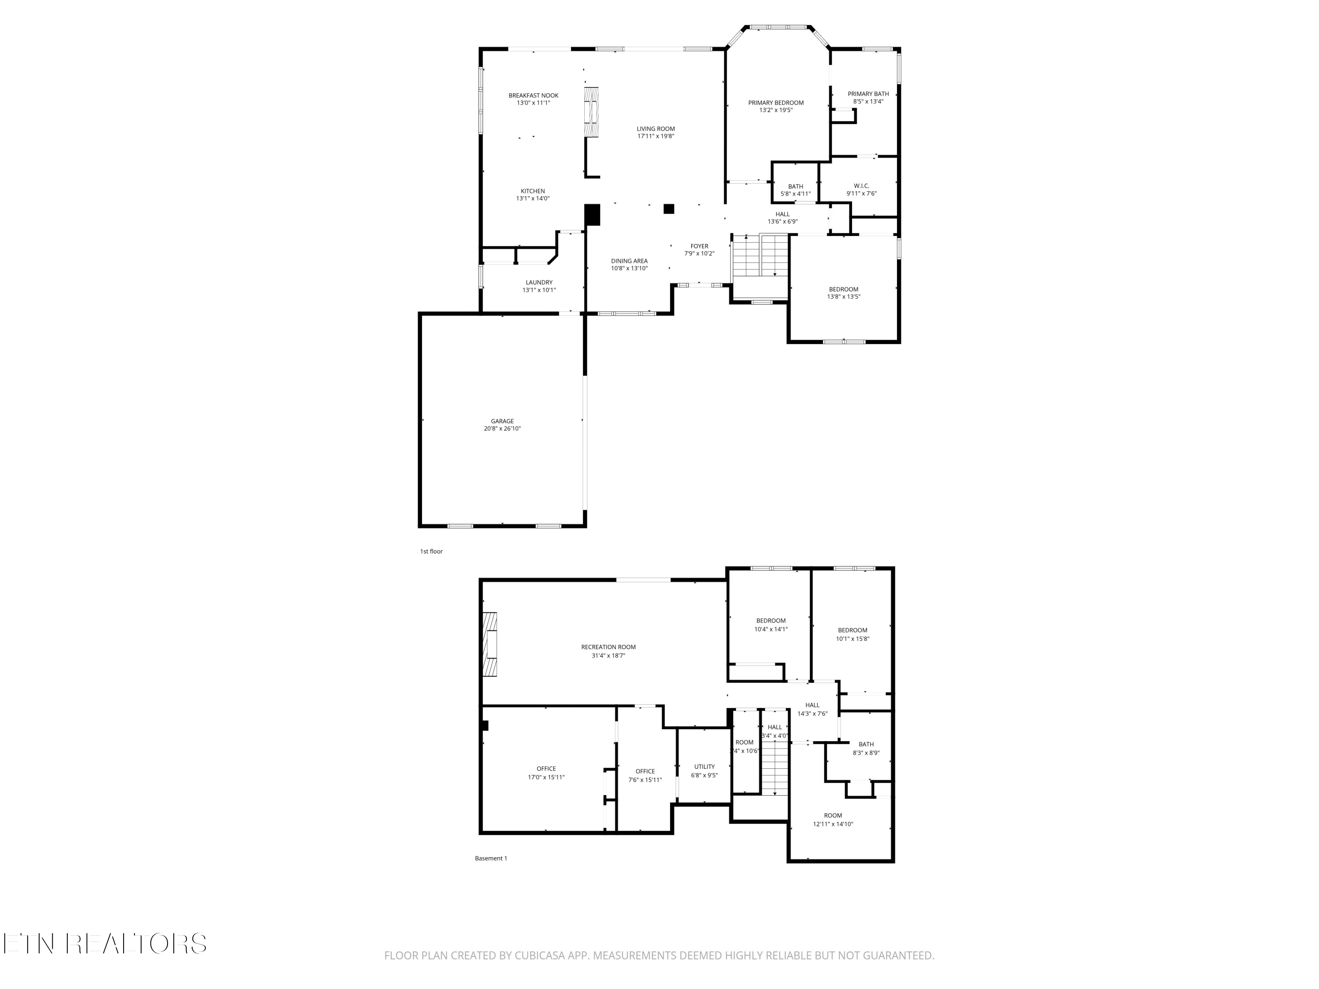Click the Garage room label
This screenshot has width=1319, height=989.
pos(502,422)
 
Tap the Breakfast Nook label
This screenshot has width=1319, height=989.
pos(533,95)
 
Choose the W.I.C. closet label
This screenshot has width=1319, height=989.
pos(861,186)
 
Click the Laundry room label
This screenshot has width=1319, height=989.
pos(539,283)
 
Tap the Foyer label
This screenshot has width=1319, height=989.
pos(699,246)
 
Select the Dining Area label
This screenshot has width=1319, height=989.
pos(629,261)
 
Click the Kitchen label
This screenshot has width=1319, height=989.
pos(532,191)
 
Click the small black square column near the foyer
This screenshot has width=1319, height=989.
pos(668,209)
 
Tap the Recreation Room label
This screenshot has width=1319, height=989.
pos(608,647)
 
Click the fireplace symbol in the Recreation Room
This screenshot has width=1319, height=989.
pos(490,644)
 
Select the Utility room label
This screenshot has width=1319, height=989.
pos(704,767)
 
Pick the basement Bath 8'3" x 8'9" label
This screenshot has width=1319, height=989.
pos(866,744)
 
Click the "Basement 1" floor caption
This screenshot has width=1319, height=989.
pos(491,858)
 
